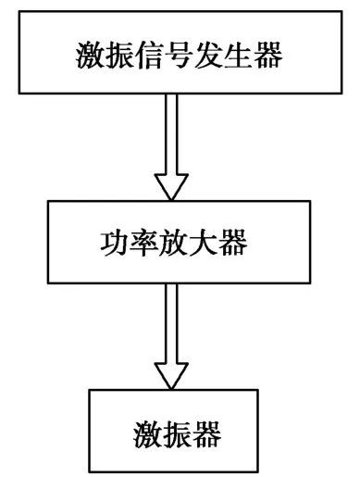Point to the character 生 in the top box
click(x=234, y=55)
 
